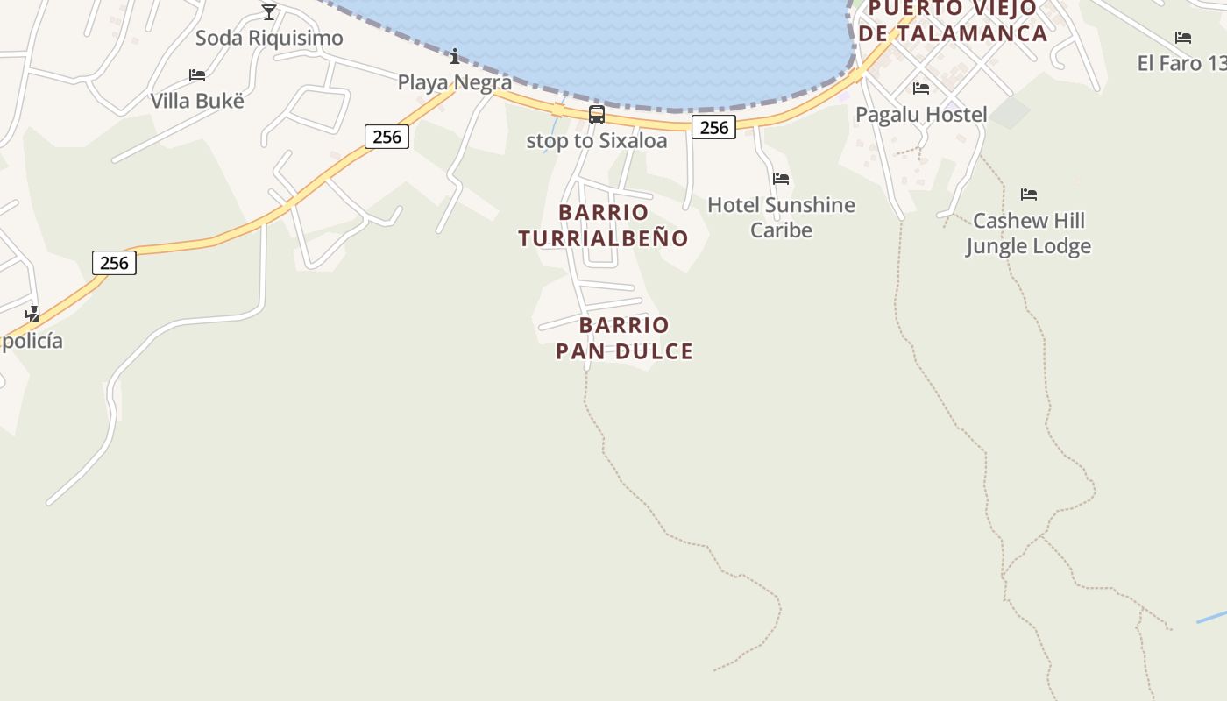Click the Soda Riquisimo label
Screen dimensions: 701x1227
[269, 39]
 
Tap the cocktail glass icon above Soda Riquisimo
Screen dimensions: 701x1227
[269, 11]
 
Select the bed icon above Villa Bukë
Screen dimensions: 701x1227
[197, 75]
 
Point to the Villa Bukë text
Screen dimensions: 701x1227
[197, 101]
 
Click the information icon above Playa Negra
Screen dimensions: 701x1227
[455, 57]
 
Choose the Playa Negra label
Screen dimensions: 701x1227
[455, 82]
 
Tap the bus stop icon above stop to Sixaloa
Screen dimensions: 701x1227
[597, 115]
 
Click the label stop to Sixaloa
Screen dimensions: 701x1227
[597, 141]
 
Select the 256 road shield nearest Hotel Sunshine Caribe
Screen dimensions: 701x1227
[714, 127]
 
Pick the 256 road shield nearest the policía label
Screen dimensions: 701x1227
[114, 263]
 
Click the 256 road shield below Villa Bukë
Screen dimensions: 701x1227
[387, 137]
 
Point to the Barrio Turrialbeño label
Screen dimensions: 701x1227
[604, 225]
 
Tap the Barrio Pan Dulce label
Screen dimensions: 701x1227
[625, 338]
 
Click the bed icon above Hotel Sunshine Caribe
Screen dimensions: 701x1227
[781, 179]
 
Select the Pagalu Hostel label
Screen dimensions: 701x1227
[921, 115]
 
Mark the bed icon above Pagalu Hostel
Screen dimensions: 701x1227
[921, 89]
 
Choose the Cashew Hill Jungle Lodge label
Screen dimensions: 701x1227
[1029, 233]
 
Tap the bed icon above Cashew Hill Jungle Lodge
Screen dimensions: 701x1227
[1029, 195]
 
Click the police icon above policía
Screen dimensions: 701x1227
[32, 314]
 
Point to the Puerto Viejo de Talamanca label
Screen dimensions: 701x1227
[953, 21]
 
